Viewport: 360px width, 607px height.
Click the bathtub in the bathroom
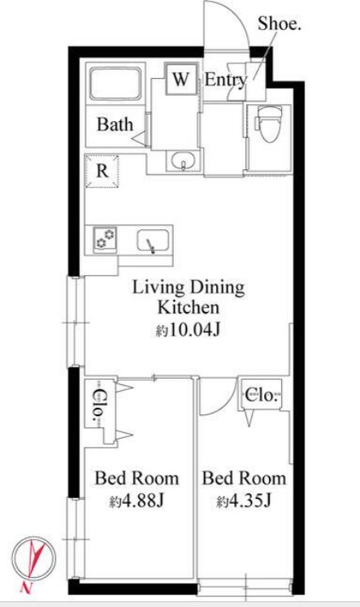point(115,84)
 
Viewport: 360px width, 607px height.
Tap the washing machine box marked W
point(181,79)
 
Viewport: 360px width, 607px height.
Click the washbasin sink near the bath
point(184,160)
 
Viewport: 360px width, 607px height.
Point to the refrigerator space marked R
point(102,171)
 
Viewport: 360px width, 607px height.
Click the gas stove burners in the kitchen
point(106,239)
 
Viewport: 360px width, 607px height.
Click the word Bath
point(115,124)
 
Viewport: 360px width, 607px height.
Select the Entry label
point(226,80)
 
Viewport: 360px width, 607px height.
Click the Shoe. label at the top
point(280,24)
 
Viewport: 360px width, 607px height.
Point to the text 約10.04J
point(189,331)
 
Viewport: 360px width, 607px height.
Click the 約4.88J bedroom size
point(137,501)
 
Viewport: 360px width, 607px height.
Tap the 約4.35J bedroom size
point(244,501)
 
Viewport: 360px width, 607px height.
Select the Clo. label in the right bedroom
point(262,395)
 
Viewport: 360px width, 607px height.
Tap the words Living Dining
point(189,288)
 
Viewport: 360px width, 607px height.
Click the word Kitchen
point(189,308)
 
